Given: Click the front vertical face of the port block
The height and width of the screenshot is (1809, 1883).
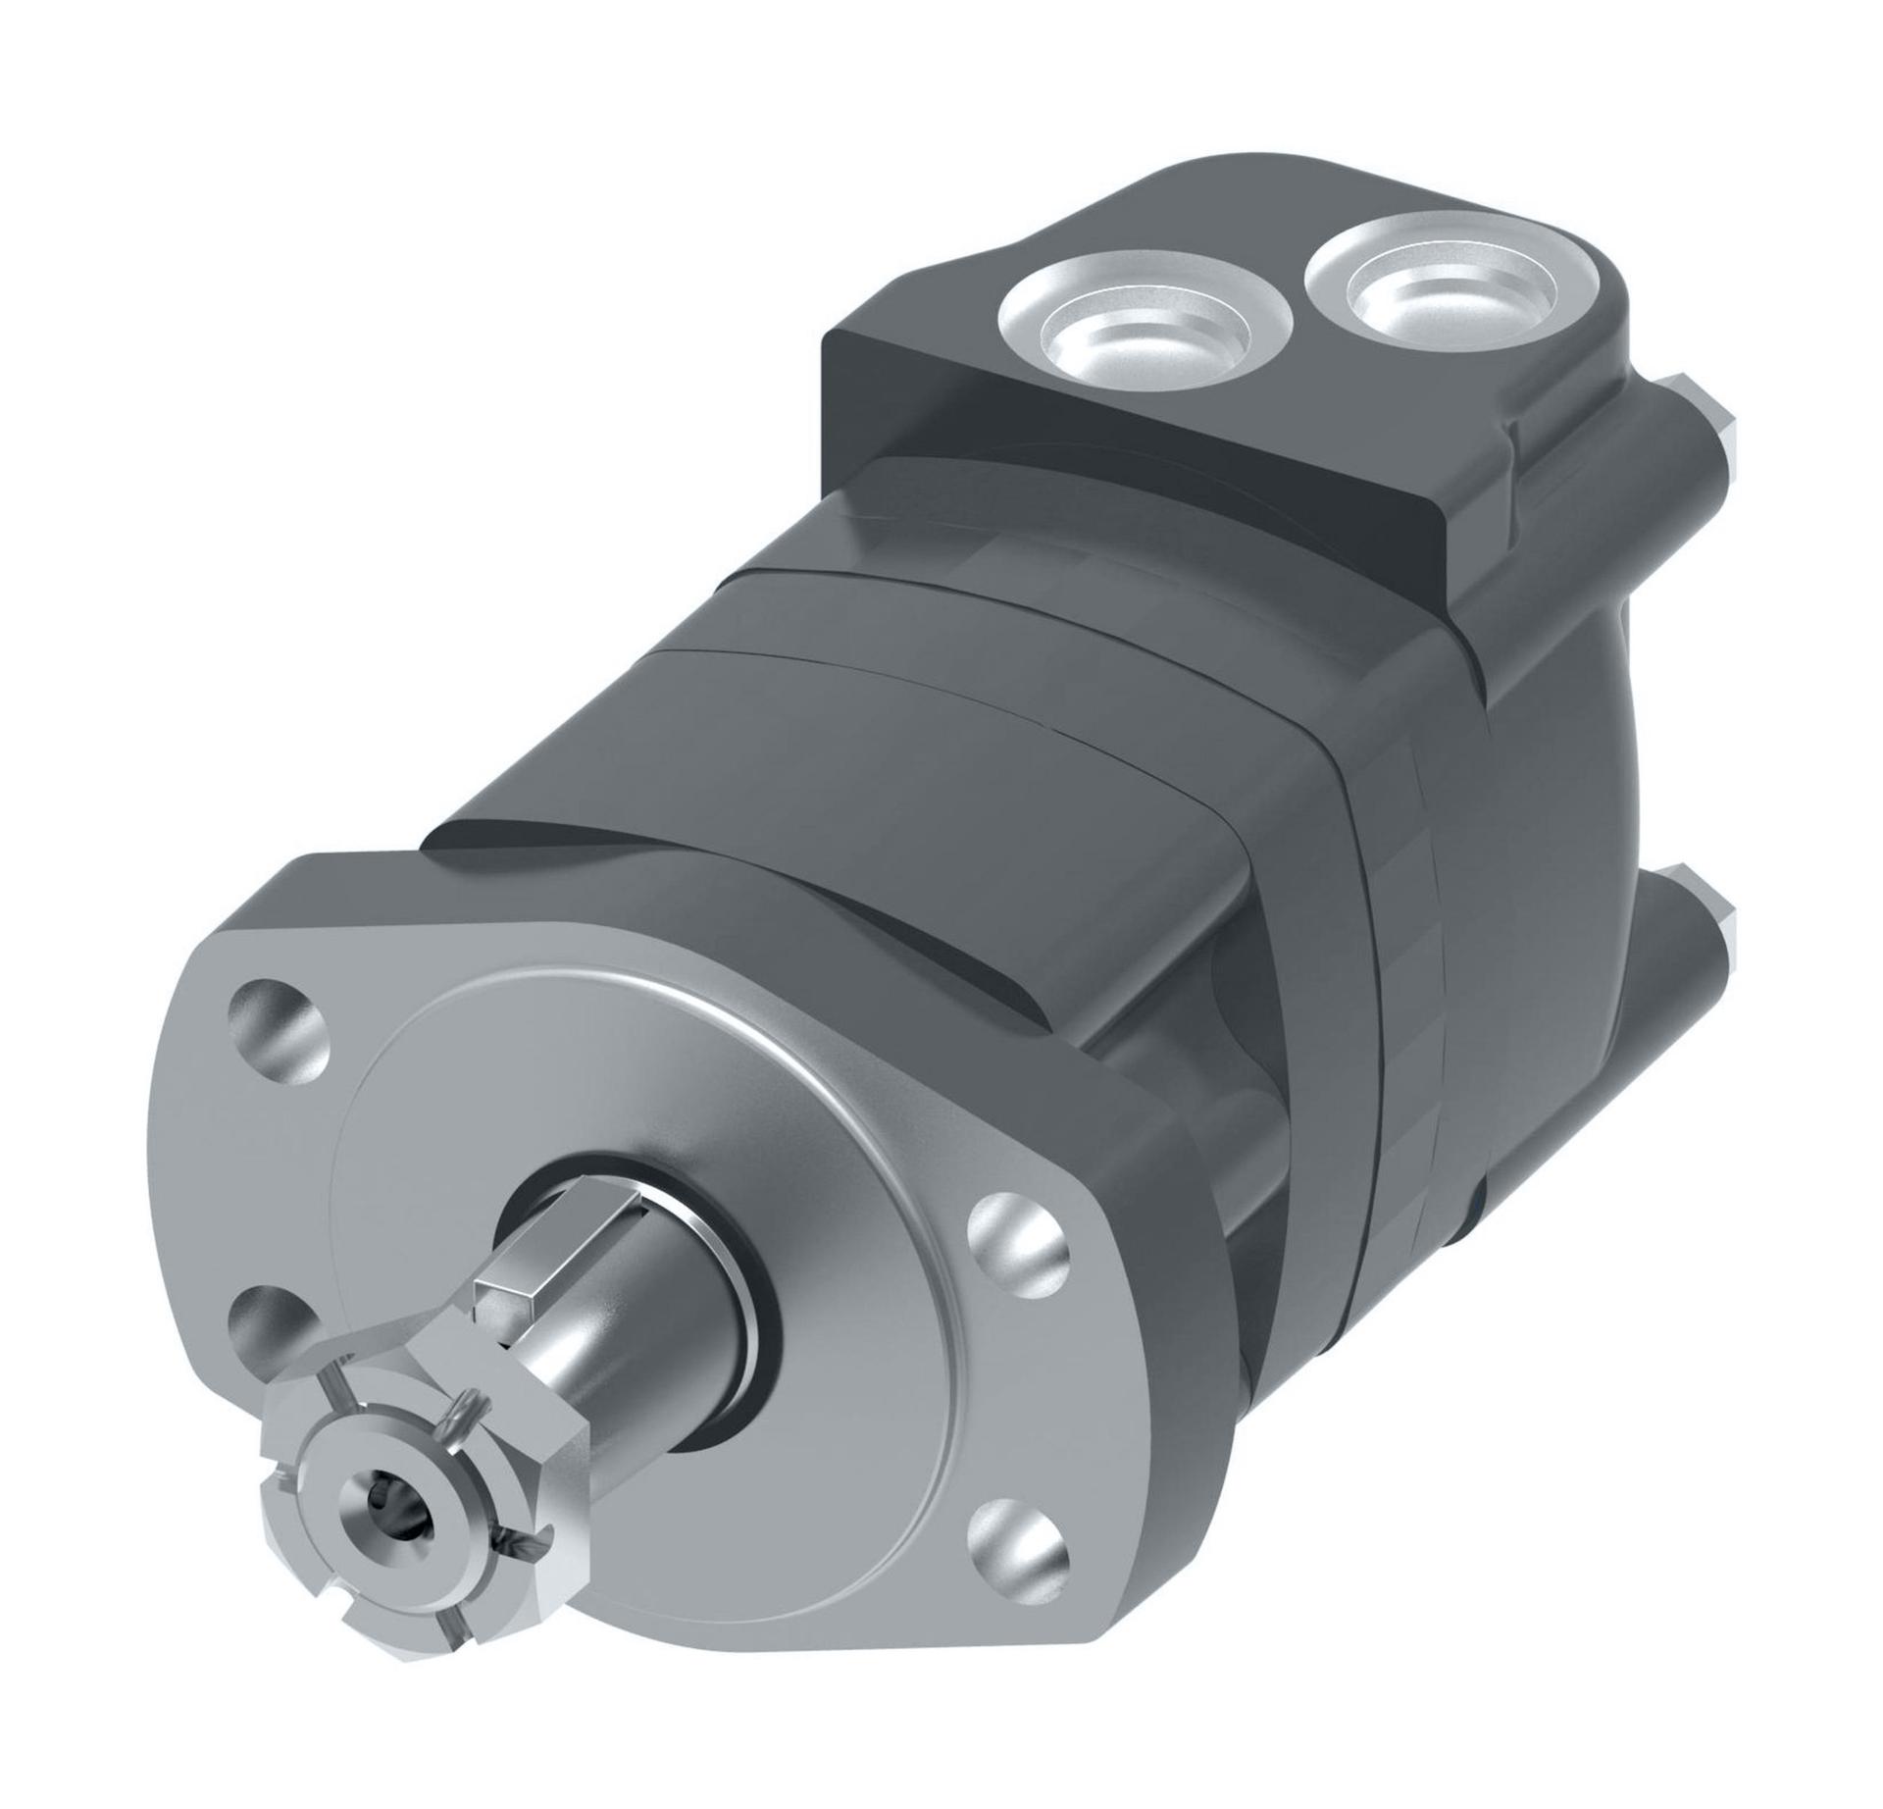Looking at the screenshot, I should [1128, 471].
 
